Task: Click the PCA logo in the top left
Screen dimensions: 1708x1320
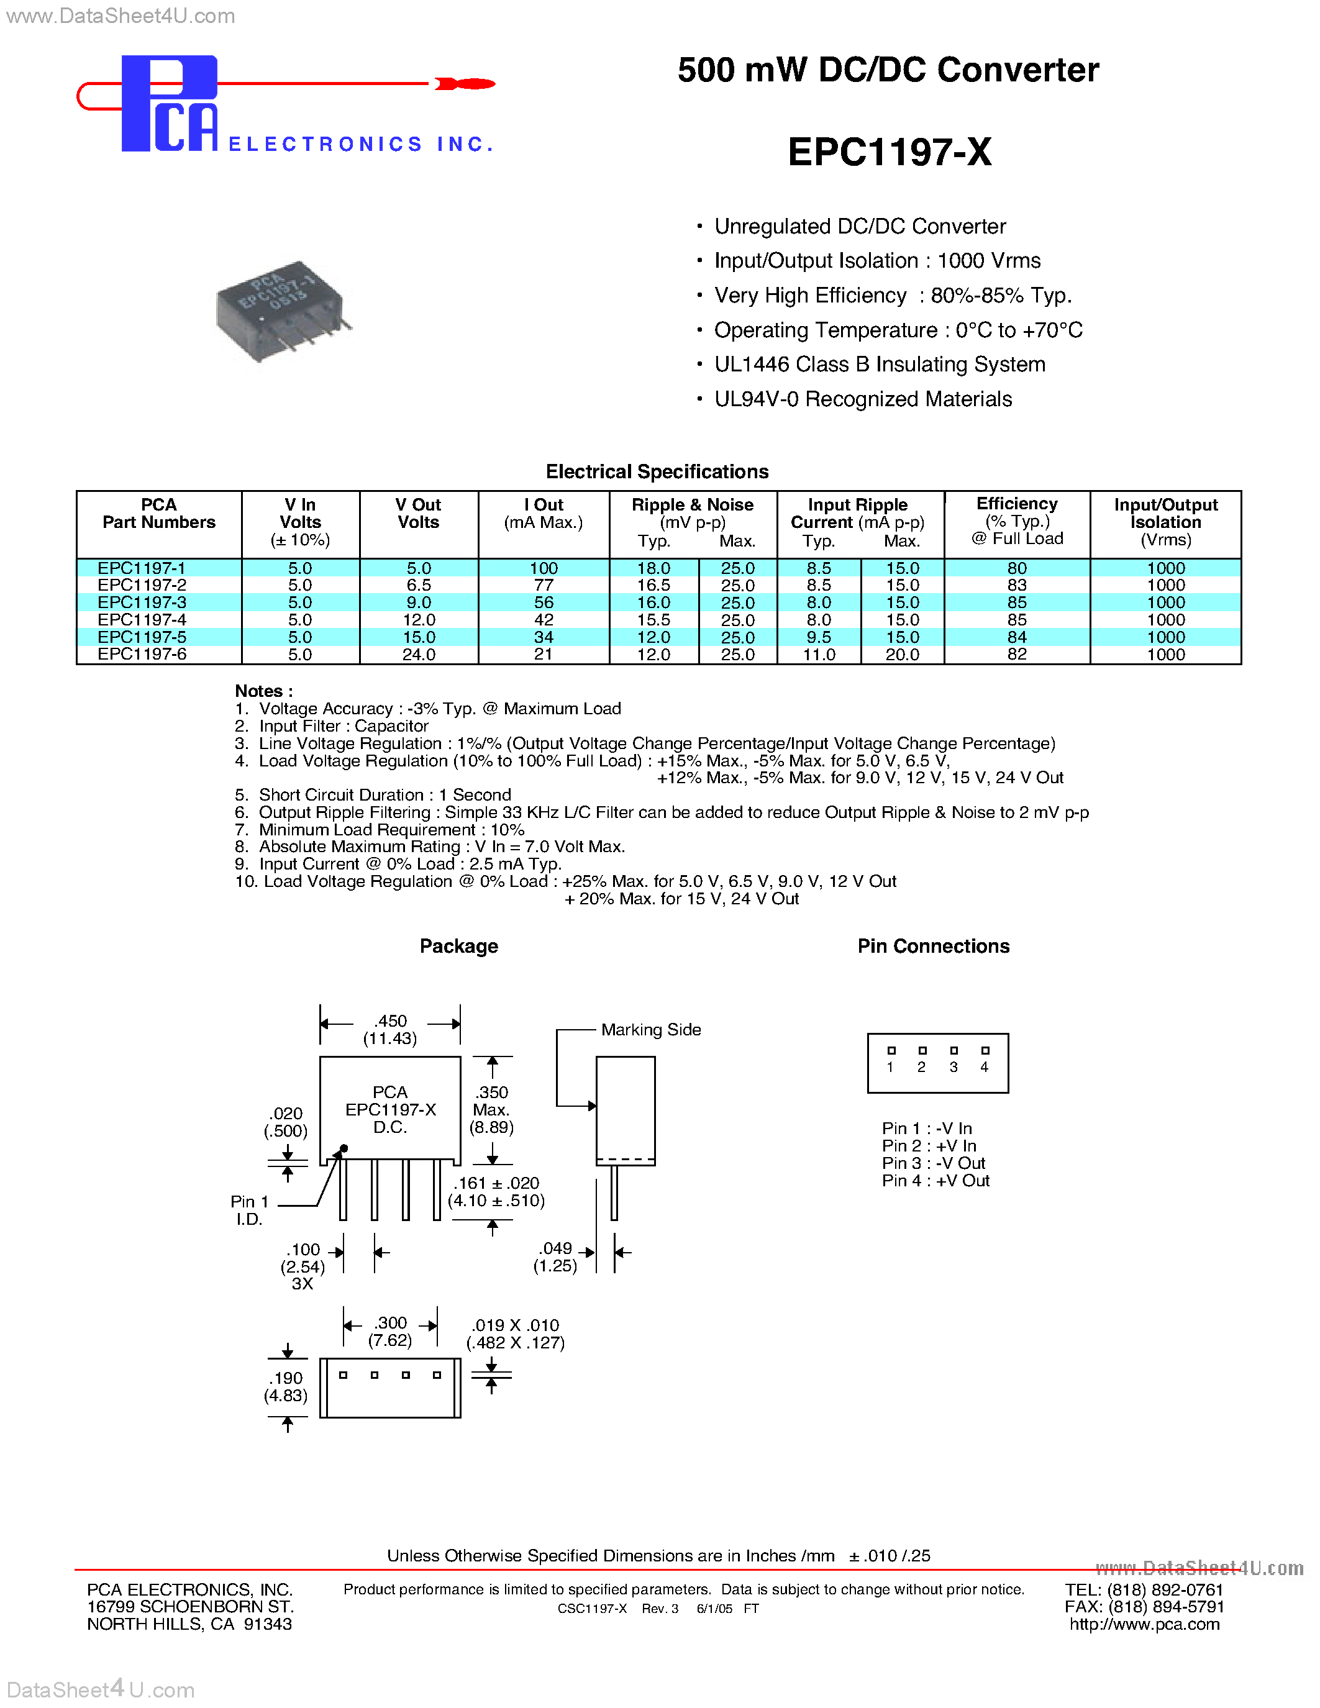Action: click(x=169, y=103)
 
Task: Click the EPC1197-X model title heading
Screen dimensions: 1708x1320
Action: click(x=889, y=152)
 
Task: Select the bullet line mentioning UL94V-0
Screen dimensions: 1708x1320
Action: click(x=863, y=399)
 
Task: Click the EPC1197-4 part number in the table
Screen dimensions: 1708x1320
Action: click(x=142, y=619)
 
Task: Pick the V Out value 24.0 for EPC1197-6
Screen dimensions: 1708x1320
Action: click(x=419, y=655)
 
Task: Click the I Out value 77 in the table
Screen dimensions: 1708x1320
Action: click(x=544, y=585)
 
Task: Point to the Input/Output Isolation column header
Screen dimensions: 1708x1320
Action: click(x=1165, y=522)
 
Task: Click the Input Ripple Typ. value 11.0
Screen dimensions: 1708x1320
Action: click(x=819, y=655)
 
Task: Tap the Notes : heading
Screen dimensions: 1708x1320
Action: click(x=263, y=691)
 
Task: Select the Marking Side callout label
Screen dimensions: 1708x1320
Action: click(x=650, y=1030)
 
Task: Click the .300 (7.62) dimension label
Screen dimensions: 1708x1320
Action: click(x=390, y=1331)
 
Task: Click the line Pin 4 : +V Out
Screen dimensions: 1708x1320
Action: click(x=935, y=1181)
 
